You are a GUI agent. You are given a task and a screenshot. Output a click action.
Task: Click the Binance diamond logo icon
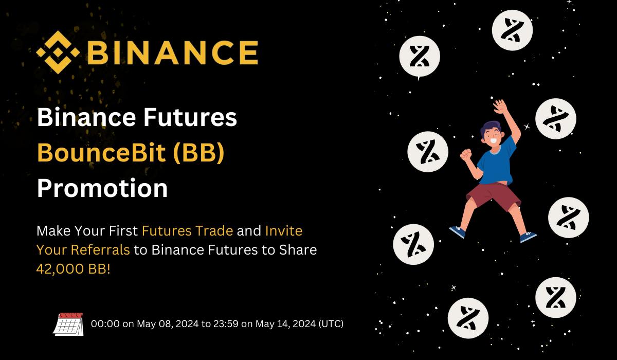coord(58,52)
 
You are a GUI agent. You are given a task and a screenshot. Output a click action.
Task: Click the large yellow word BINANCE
coord(173,52)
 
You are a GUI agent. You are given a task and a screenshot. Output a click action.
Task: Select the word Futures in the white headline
coord(190,117)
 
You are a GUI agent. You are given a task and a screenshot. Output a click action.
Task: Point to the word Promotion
coord(102,188)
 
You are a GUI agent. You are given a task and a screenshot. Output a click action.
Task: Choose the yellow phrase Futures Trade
coord(187,231)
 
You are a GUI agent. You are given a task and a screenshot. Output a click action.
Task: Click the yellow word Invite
coord(284,231)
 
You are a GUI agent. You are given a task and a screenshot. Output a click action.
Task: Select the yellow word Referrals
coord(100,250)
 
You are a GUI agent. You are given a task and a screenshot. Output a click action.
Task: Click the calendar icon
coord(68,324)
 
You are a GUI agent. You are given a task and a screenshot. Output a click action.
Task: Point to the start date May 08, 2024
coord(168,324)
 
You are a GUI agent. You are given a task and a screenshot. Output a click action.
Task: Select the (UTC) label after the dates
coord(331,323)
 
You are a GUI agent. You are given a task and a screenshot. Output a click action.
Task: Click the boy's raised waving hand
coord(500,106)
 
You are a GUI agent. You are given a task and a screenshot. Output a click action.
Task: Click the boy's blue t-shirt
coord(496,163)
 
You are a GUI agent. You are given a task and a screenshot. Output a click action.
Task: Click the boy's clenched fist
coord(466,155)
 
